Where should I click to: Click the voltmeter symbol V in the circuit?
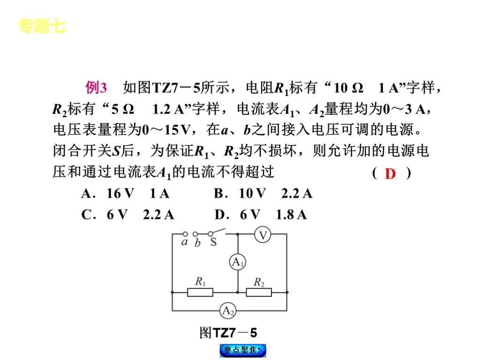click(263, 235)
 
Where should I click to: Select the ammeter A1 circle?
click(238, 262)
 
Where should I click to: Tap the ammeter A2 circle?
click(229, 310)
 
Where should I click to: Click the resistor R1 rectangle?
click(200, 292)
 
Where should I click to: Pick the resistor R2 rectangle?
click(259, 292)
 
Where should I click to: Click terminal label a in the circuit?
click(184, 242)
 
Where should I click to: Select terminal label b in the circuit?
click(197, 243)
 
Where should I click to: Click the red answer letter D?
click(390, 174)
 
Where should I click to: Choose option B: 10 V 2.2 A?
click(262, 194)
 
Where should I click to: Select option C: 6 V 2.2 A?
click(127, 215)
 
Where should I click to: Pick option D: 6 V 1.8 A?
click(261, 215)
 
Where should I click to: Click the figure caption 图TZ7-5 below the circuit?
click(228, 333)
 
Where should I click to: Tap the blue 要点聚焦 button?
click(242, 350)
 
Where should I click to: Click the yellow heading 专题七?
click(42, 27)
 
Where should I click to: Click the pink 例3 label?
click(97, 88)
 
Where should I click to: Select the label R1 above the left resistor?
click(200, 282)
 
